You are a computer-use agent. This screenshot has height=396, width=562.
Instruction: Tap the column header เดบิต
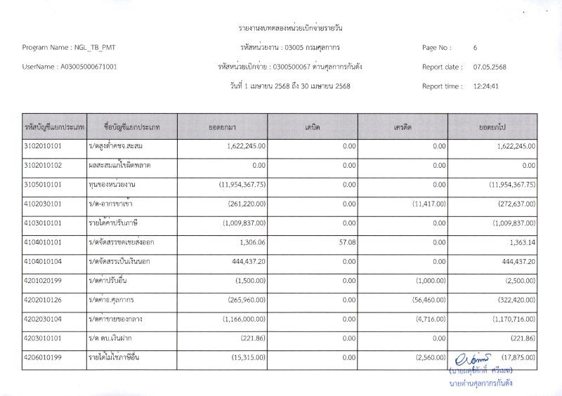point(313,127)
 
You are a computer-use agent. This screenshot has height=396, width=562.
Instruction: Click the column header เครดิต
point(403,127)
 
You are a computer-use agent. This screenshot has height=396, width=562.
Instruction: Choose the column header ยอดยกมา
point(222,127)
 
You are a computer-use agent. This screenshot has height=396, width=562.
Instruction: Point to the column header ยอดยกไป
point(492,127)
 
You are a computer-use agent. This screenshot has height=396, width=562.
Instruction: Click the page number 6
point(476,48)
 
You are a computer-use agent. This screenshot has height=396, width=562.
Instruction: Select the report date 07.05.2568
point(490,67)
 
